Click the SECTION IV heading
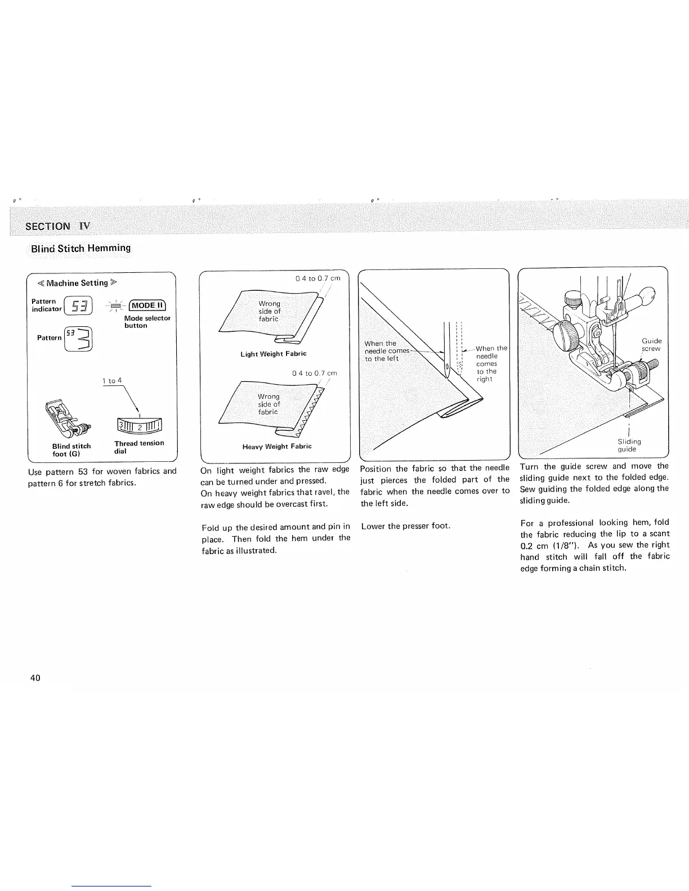point(57,226)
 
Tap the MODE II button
point(147,305)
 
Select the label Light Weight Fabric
point(273,354)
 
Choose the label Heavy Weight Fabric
point(276,447)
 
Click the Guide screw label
point(651,345)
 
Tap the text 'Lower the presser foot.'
point(405,526)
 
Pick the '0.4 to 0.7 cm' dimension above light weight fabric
point(318,278)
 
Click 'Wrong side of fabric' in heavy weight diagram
point(268,404)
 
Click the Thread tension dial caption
point(138,447)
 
